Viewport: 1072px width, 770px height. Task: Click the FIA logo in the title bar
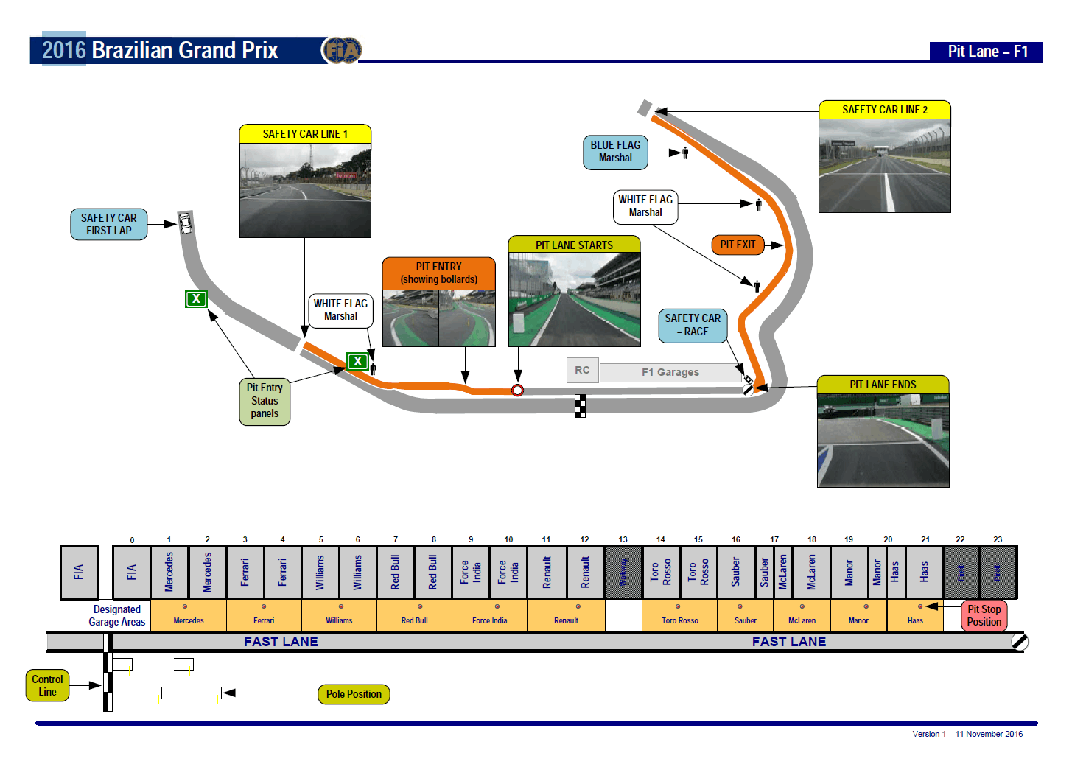[341, 50]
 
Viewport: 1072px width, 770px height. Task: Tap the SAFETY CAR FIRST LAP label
[109, 224]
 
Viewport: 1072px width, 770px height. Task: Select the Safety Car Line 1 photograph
[305, 190]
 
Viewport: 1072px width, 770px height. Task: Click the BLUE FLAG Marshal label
[615, 152]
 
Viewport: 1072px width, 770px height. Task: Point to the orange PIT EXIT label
[738, 245]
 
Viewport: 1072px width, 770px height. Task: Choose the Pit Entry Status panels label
[265, 401]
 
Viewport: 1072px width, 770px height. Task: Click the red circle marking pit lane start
[518, 390]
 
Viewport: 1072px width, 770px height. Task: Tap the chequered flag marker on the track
[581, 406]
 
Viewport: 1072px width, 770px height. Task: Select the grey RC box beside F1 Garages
[582, 370]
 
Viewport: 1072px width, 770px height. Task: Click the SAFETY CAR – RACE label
[693, 325]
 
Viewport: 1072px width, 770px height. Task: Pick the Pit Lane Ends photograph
[883, 440]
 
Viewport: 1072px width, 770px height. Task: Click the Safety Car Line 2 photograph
[884, 166]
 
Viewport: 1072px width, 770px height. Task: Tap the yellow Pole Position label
[354, 694]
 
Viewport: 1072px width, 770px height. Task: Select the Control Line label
[47, 685]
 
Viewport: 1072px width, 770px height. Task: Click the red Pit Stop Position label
[984, 615]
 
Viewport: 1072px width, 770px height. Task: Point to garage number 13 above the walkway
[623, 539]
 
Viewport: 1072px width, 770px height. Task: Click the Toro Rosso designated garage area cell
[679, 615]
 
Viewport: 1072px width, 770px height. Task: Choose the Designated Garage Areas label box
[116, 615]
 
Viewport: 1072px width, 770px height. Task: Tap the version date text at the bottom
[967, 734]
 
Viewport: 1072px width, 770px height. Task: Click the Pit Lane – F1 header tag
[987, 52]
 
